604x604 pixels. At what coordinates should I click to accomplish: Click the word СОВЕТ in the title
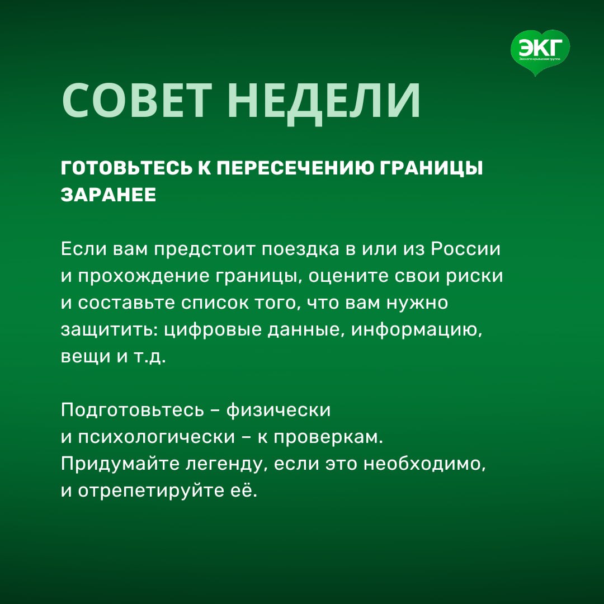(137, 101)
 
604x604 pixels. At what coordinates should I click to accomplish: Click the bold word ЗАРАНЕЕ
(108, 195)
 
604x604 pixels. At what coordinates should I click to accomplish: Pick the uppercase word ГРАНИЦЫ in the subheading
(431, 169)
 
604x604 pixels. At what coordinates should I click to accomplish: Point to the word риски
(475, 277)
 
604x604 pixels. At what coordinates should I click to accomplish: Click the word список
(215, 303)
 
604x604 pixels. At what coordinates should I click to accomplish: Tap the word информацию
(417, 330)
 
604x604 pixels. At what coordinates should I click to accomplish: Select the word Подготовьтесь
(132, 410)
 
